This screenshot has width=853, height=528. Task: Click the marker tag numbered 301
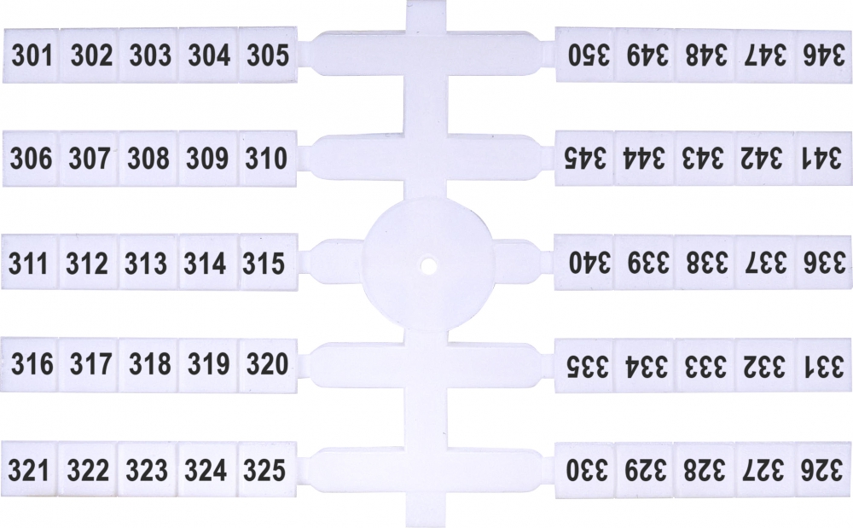tap(31, 55)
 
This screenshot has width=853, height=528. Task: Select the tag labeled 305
tap(268, 55)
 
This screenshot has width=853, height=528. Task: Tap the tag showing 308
tap(148, 159)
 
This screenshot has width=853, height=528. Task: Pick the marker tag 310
tap(267, 159)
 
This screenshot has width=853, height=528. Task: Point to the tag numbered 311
tap(30, 262)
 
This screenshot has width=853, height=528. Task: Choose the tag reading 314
tap(208, 262)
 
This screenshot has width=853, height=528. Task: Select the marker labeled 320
tap(268, 364)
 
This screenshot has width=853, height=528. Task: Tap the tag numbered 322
tap(88, 469)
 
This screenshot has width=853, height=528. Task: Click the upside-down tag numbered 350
tap(585, 55)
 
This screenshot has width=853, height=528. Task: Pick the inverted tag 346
tap(824, 55)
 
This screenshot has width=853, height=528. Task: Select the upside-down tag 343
tap(705, 159)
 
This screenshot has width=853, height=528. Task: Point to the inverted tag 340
tap(585, 262)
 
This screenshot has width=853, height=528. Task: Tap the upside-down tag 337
tap(764, 262)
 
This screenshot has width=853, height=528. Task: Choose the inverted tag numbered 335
tap(585, 365)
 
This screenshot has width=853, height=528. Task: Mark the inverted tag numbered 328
tap(705, 470)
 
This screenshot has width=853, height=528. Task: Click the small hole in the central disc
tap(429, 265)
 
